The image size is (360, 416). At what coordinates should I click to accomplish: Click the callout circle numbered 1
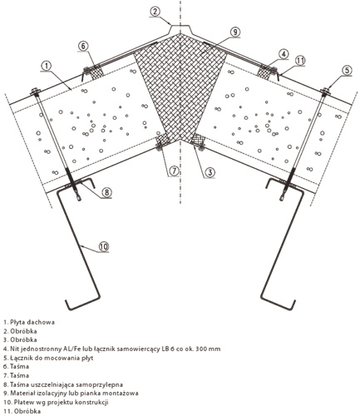[47, 66]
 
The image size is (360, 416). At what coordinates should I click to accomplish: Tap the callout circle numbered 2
[155, 12]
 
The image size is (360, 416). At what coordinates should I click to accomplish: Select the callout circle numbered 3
[210, 172]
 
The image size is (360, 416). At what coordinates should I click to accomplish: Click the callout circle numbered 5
[347, 70]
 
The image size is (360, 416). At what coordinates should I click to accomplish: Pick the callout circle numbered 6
[83, 47]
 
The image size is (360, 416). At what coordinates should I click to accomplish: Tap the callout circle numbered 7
[174, 171]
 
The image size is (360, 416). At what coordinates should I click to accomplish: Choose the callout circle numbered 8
[106, 192]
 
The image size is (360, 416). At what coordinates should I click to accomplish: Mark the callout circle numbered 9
[235, 32]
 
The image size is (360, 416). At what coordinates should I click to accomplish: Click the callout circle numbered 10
[103, 246]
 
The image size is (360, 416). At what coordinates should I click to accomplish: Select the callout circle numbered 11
[300, 60]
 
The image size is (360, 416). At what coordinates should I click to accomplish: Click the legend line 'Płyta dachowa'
[29, 322]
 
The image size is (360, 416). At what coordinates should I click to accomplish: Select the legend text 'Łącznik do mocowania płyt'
[48, 358]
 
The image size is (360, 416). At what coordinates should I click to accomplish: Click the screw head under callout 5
[326, 91]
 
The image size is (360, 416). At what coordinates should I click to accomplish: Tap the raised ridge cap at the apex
[180, 27]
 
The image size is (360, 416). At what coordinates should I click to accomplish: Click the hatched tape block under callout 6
[95, 71]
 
